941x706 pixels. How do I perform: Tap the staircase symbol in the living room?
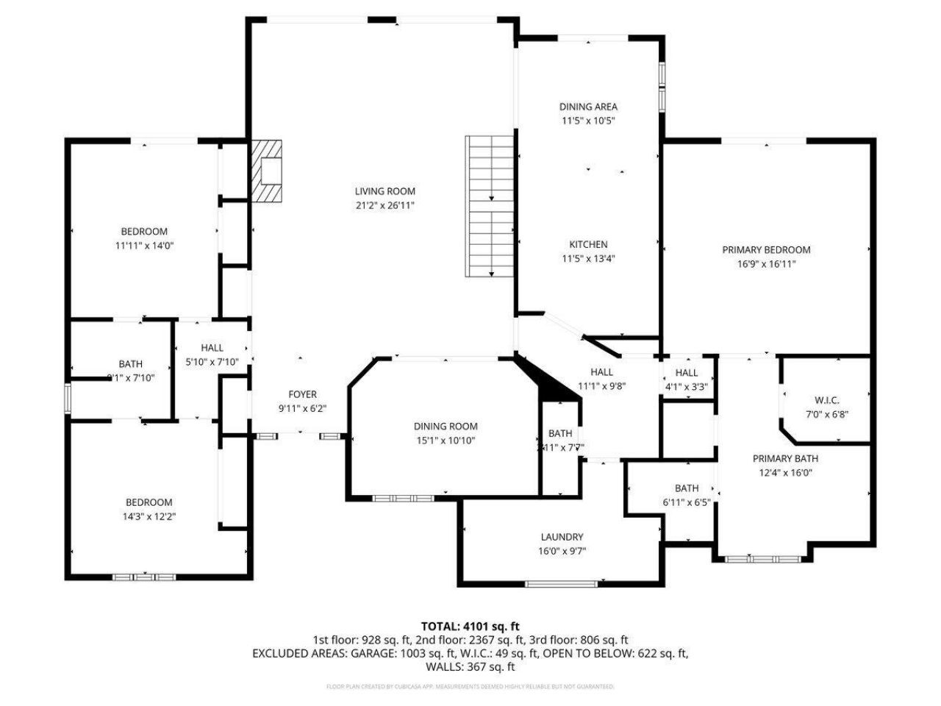pos(490,206)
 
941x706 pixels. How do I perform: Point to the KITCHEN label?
pos(588,244)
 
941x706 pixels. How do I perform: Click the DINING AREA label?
pos(588,107)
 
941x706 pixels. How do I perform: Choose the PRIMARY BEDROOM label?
pos(766,250)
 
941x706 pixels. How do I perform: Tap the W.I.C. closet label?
pos(826,401)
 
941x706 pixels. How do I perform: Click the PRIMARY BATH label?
pos(785,458)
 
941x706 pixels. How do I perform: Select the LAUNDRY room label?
pos(562,537)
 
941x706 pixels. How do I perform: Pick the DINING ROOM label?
pos(446,426)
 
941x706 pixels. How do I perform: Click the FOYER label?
pos(302,394)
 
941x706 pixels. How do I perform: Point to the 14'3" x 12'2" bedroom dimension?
pos(149,516)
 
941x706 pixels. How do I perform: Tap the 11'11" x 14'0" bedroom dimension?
pos(144,246)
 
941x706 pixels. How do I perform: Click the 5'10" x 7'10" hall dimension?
pos(212,361)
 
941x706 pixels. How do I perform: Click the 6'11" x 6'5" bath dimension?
pos(687,502)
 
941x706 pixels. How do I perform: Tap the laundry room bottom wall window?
pos(562,584)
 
